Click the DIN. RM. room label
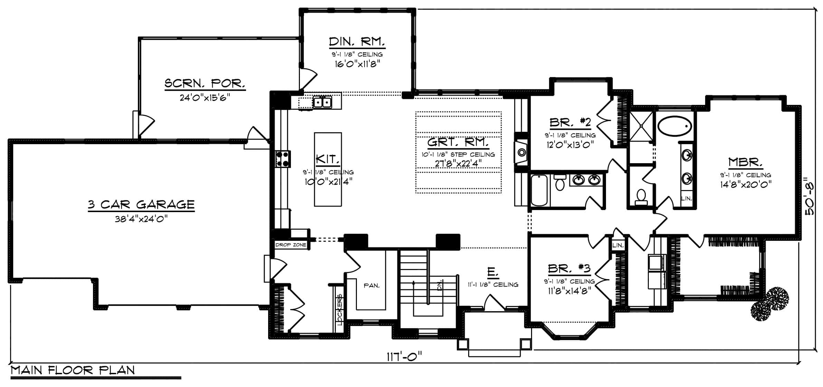357,42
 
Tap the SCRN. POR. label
205,83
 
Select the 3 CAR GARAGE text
141,205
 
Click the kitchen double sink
322,102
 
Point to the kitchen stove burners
282,159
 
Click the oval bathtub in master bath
675,126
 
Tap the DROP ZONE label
291,245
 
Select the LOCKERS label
340,309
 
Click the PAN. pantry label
371,286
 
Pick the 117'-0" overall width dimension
404,356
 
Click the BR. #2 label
570,122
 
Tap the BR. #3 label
569,268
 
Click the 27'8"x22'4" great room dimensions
458,163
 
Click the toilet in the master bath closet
641,196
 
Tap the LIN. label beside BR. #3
618,246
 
